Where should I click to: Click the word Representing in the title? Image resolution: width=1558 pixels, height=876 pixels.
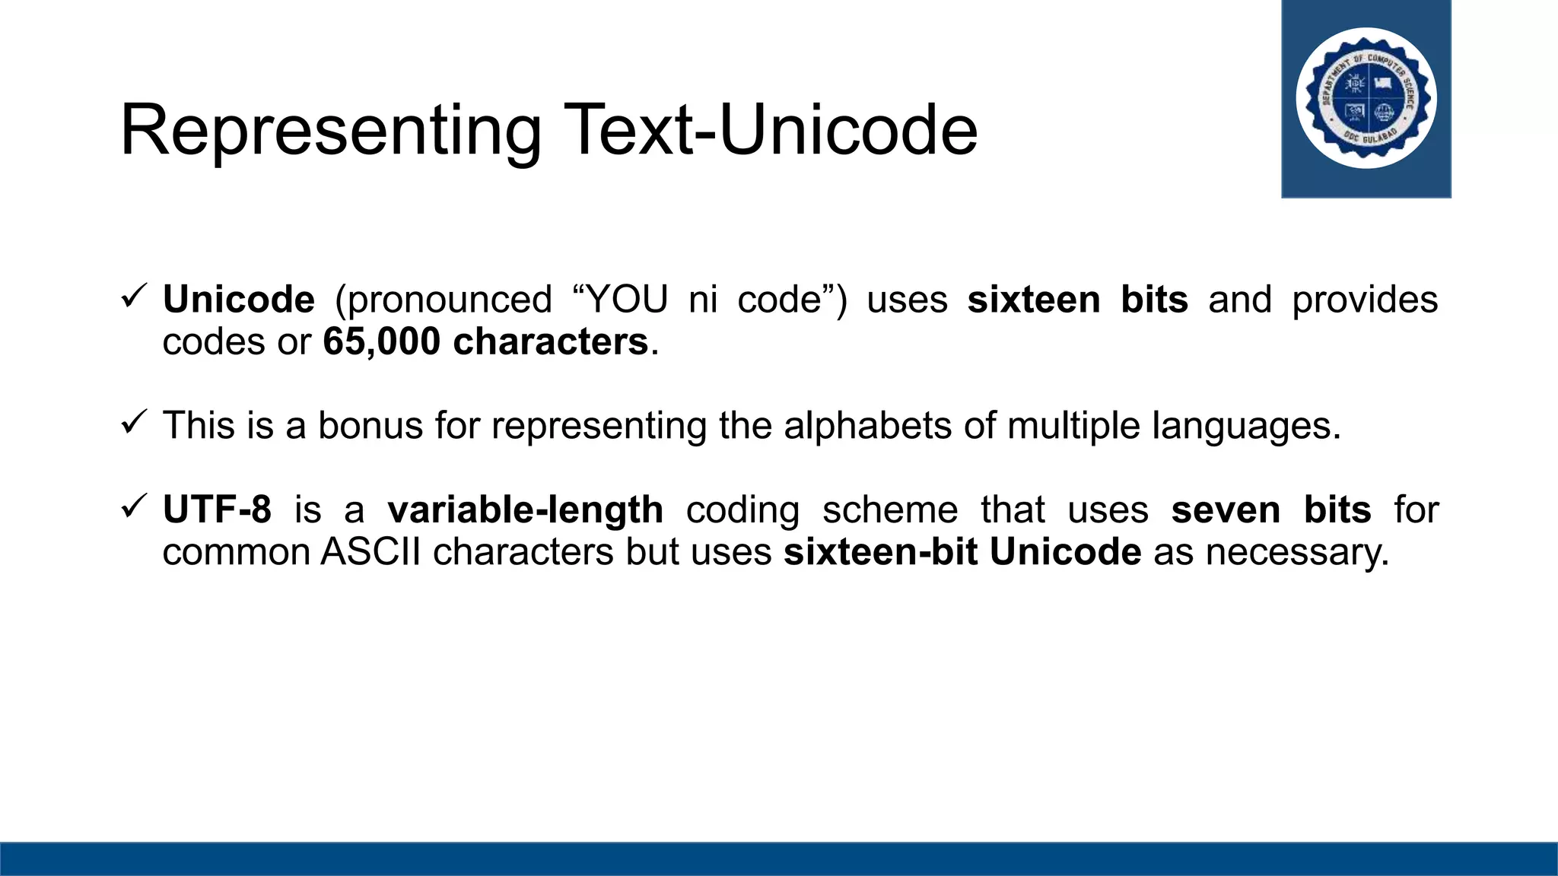pos(331,131)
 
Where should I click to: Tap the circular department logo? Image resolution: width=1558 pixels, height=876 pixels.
pos(1366,98)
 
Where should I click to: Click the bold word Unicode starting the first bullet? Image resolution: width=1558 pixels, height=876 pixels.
pos(238,300)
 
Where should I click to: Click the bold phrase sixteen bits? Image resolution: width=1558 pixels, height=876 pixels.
pos(1077,300)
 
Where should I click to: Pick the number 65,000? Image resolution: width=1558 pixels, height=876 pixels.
pos(381,342)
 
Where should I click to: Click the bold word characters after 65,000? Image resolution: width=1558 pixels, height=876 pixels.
pos(550,342)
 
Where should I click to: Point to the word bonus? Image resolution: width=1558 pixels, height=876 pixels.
pos(370,426)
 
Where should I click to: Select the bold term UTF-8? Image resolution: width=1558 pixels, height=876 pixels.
pos(217,509)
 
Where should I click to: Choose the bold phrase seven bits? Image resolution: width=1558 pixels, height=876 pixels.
pos(1270,509)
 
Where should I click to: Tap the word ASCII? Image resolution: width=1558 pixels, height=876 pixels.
pos(370,552)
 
